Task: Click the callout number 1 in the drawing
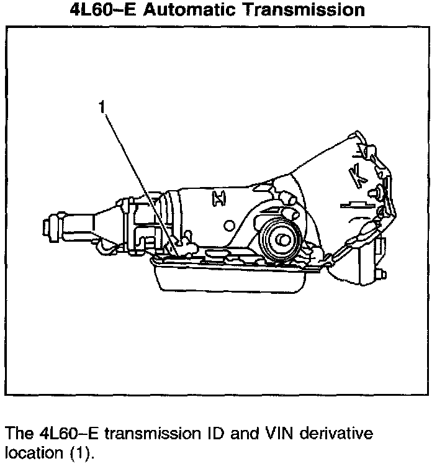pos(102,107)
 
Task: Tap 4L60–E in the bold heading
pos(103,11)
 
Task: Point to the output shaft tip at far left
pos(45,224)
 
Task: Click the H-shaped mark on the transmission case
pos(218,198)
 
